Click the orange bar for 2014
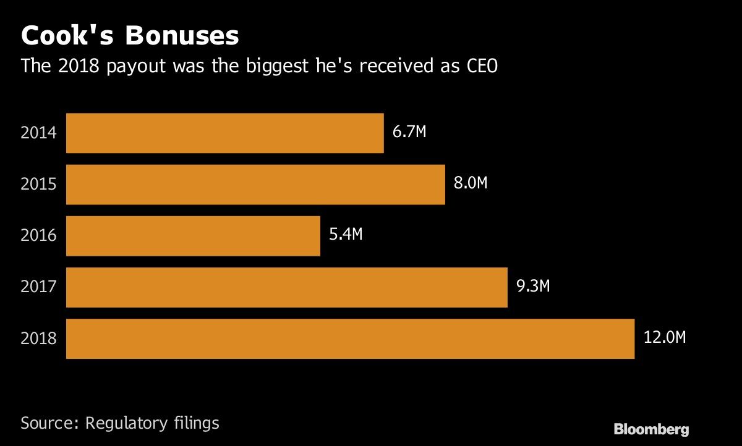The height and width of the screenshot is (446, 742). click(224, 133)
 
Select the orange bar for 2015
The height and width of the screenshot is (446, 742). click(255, 184)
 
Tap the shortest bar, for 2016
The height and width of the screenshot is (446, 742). click(193, 235)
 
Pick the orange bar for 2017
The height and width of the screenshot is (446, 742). click(286, 287)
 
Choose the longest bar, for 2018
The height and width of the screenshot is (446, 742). click(350, 339)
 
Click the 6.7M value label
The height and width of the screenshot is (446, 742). click(409, 132)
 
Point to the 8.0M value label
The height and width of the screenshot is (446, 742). click(471, 183)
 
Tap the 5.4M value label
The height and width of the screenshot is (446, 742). click(345, 235)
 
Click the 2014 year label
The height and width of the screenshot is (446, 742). click(38, 133)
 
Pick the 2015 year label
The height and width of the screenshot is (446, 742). click(38, 184)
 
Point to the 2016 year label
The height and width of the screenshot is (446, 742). click(38, 235)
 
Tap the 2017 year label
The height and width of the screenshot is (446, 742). click(38, 287)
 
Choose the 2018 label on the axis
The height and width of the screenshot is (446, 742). click(38, 339)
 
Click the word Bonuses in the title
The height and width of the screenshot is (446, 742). click(182, 36)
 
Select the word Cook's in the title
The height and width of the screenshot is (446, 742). click(68, 36)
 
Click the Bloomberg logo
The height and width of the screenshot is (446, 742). click(650, 429)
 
